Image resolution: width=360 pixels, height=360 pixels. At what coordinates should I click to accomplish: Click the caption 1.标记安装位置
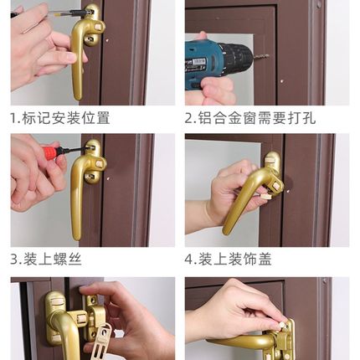[59, 117]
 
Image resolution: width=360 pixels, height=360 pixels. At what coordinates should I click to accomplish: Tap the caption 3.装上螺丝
[46, 259]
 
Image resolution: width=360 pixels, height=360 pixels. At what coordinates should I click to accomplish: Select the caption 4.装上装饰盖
[235, 259]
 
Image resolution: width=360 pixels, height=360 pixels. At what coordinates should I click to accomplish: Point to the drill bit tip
[266, 56]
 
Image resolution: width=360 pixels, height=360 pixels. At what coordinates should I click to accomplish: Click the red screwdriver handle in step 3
[52, 152]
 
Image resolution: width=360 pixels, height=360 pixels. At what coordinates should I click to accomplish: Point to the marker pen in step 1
[59, 14]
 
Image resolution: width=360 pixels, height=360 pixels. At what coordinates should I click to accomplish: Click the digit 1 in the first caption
[13, 117]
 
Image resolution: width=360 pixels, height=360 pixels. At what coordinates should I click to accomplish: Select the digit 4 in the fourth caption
[190, 259]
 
